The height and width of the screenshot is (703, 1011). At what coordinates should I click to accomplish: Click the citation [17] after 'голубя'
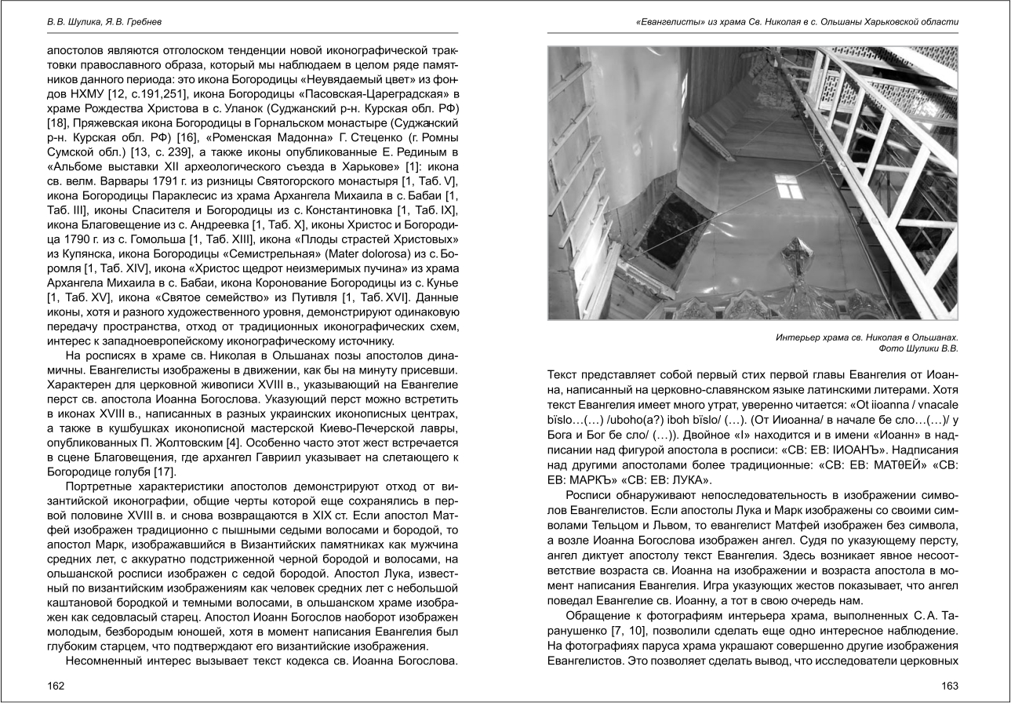click(x=164, y=472)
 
